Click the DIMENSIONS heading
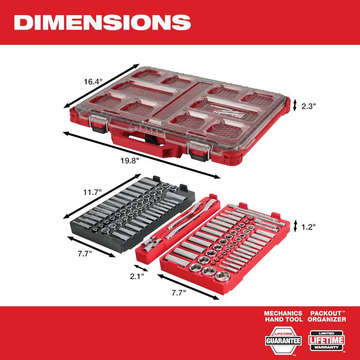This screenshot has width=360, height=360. [x=102, y=22]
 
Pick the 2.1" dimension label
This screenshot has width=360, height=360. [x=137, y=276]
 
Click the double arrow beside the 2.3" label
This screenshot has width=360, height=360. [x=294, y=105]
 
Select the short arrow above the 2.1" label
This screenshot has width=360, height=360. [x=140, y=268]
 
